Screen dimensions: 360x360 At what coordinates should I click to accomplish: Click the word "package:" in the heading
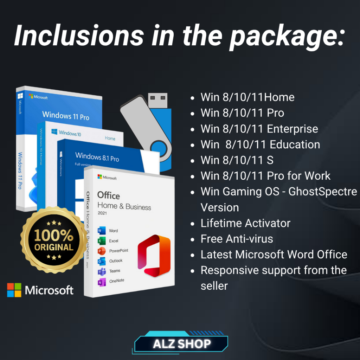[x=287, y=37]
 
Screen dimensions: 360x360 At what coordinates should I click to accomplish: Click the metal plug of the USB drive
[x=158, y=100]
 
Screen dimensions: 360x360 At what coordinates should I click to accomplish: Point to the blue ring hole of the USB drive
[x=159, y=148]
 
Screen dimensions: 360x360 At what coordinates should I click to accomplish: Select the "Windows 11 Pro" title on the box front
[x=66, y=115]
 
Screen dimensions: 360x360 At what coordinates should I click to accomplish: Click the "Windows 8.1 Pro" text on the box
[x=97, y=157]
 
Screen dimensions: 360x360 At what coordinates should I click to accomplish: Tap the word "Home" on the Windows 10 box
[x=110, y=138]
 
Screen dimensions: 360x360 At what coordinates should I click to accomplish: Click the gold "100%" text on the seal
[x=54, y=235]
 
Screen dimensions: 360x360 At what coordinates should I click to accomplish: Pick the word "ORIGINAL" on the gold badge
[x=54, y=247]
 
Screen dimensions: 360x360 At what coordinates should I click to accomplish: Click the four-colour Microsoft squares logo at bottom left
[x=14, y=290]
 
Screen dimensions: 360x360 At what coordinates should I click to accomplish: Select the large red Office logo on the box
[x=154, y=255]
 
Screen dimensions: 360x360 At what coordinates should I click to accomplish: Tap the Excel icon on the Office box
[x=102, y=240]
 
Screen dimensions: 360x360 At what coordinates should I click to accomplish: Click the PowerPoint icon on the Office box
[x=102, y=251]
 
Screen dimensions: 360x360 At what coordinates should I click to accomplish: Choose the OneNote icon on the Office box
[x=102, y=282]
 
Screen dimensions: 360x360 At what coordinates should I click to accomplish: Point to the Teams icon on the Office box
[x=102, y=271]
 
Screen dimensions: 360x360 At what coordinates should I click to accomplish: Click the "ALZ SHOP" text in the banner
[x=182, y=344]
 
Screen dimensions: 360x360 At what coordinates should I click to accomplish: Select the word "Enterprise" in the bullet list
[x=292, y=129]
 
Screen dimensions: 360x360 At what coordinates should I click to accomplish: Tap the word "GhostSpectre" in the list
[x=323, y=192]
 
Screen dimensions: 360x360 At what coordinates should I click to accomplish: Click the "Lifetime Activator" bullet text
[x=245, y=223]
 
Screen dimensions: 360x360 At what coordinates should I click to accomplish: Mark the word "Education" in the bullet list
[x=295, y=144]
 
